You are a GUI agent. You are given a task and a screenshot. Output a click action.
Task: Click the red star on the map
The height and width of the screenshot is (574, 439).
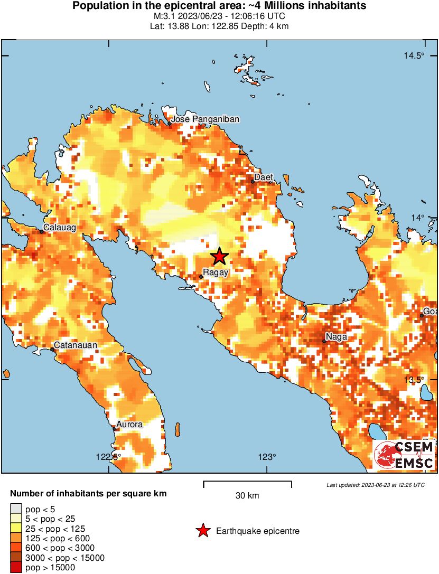[219, 257]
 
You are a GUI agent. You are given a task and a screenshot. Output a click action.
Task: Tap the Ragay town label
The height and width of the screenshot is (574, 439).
[216, 273]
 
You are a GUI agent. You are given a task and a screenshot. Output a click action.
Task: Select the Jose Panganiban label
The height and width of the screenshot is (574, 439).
[205, 119]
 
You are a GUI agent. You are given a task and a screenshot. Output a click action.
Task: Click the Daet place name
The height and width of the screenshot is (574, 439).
[264, 177]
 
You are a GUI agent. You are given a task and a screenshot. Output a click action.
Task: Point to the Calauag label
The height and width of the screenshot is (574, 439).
[60, 228]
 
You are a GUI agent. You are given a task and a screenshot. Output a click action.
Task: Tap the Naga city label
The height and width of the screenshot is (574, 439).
[337, 336]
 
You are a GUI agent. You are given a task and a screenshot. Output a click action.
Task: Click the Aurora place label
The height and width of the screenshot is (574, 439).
[129, 424]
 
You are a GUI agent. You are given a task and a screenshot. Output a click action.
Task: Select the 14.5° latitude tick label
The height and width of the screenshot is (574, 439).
[414, 57]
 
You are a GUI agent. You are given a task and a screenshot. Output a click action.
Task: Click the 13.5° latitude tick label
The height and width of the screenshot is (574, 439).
[414, 380]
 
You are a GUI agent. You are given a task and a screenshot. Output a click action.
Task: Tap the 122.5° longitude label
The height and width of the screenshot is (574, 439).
[108, 457]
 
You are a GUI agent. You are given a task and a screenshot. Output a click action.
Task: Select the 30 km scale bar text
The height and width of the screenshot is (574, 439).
[247, 496]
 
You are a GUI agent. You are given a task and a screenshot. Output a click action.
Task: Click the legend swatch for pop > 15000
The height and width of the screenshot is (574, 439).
[15, 568]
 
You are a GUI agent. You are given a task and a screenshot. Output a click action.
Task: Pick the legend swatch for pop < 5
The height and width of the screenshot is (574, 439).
[15, 510]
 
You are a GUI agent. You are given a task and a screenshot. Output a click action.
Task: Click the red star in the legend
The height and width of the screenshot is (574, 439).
[203, 531]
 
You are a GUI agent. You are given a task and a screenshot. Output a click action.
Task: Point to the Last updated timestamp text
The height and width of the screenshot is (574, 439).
[375, 485]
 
